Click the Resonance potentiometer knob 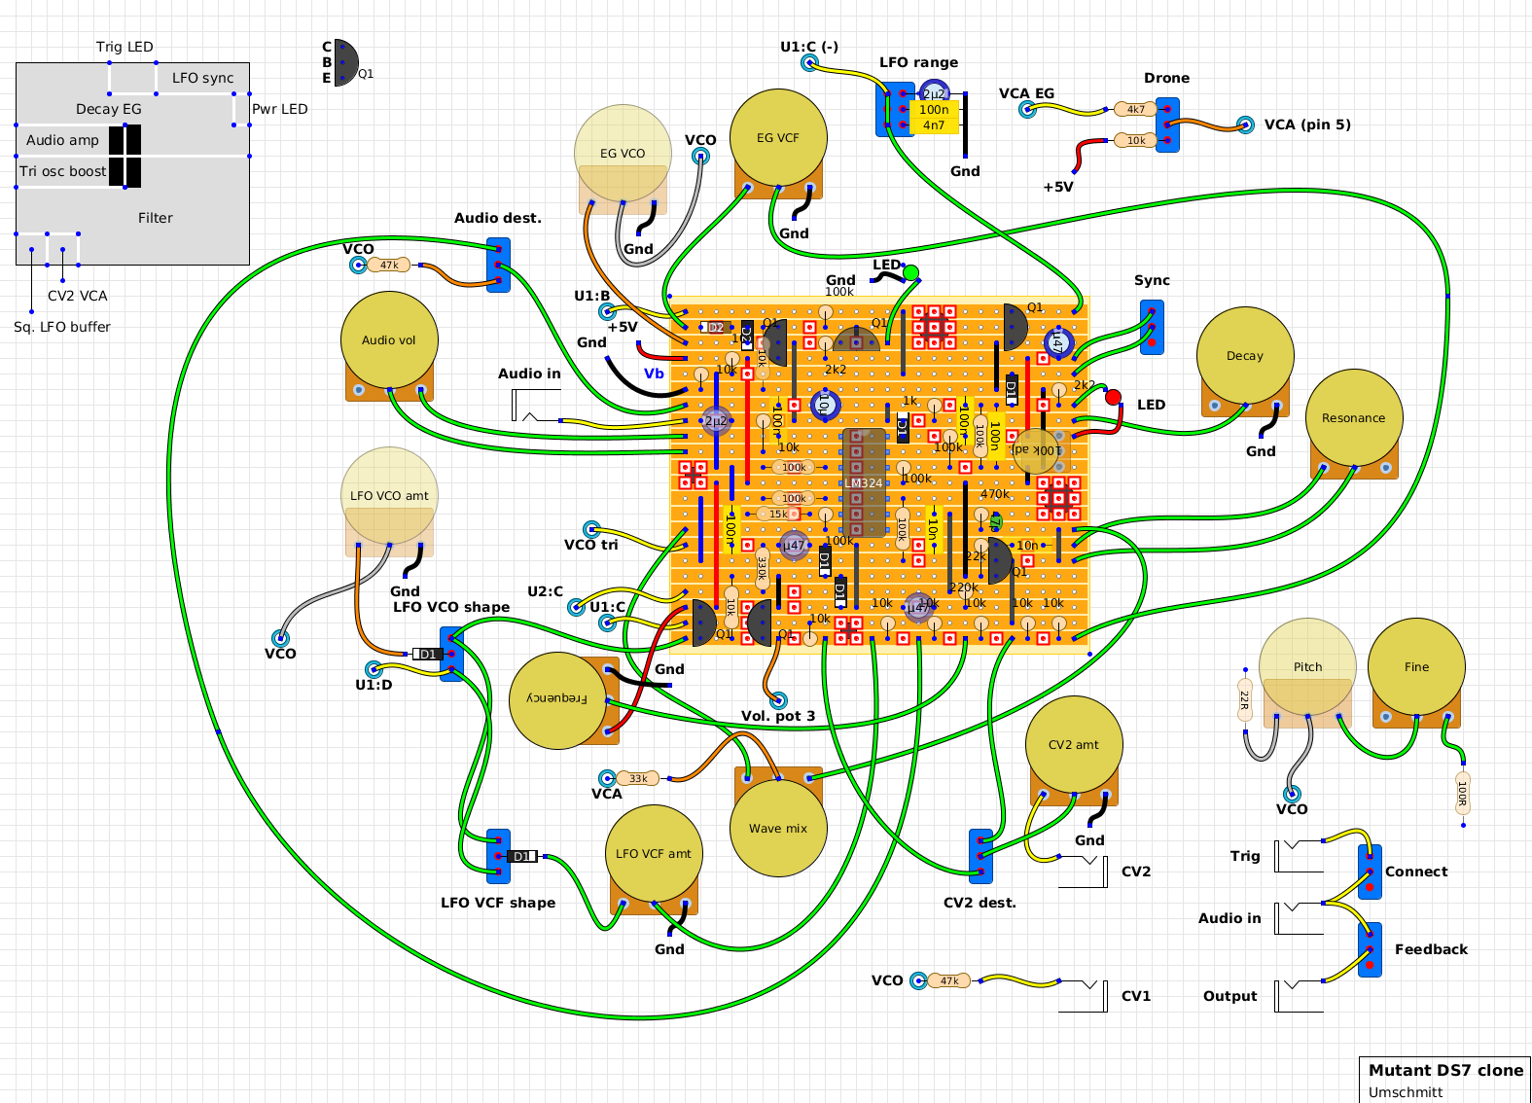(x=1353, y=418)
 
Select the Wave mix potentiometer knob (x=778, y=828)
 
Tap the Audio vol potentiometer (x=389, y=340)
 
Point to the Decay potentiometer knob (x=1245, y=356)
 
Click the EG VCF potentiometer (x=778, y=138)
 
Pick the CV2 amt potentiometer (x=1074, y=745)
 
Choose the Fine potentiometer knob (x=1416, y=667)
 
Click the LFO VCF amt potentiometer (x=654, y=854)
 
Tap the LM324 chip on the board (x=864, y=482)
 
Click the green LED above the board (x=910, y=273)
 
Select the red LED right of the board (x=1113, y=397)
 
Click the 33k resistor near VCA (x=638, y=778)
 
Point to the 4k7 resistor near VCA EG (x=1136, y=109)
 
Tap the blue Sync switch (x=1152, y=327)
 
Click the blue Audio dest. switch (x=498, y=265)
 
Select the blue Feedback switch (x=1370, y=949)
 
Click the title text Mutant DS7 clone (x=1445, y=1070)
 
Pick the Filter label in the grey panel (x=156, y=218)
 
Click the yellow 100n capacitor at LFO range (x=934, y=110)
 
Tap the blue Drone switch (x=1167, y=125)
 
